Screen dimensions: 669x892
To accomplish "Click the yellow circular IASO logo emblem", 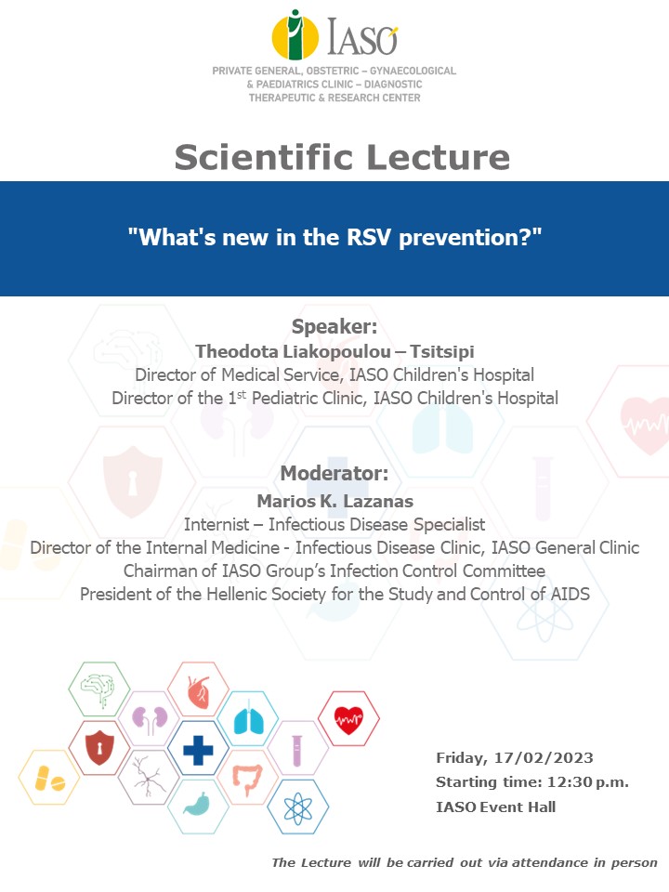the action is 295,35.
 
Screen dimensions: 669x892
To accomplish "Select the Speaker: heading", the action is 334,326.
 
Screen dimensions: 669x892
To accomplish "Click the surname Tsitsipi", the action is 442,351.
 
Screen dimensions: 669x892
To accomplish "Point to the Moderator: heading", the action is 334,473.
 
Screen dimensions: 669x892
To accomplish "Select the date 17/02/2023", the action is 544,758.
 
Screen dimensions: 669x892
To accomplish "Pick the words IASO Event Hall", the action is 495,807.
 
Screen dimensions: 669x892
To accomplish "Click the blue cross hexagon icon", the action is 198,749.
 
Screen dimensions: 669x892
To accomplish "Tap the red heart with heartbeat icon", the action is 348,719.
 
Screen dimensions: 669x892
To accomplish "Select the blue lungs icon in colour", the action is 249,719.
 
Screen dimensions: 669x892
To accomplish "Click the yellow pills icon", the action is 49,778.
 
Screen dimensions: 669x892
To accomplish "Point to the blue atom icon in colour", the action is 298,807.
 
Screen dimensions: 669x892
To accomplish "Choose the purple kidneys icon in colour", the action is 150,719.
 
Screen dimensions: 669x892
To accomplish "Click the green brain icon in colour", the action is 99,689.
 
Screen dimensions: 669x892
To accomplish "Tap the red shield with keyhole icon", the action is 99,748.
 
